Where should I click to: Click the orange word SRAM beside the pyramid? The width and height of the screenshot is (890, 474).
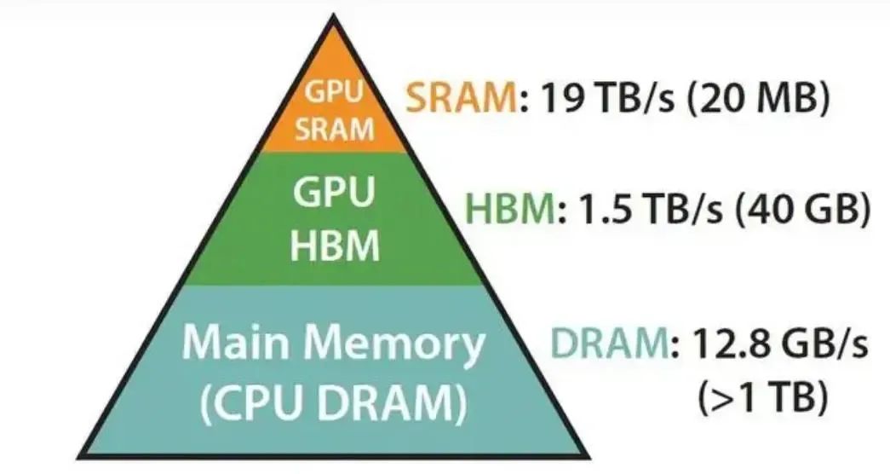[x=459, y=100]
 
